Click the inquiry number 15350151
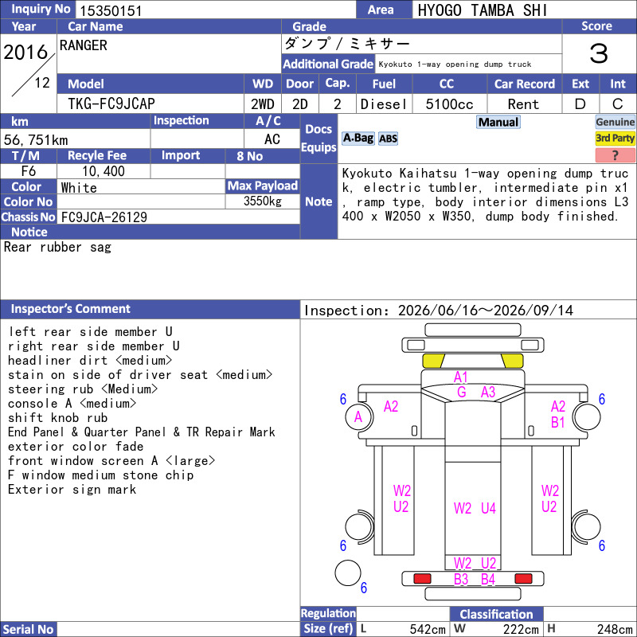[111, 10]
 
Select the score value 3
[599, 53]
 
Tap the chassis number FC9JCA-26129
[104, 217]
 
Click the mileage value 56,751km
[36, 140]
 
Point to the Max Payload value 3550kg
[263, 201]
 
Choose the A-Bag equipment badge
[358, 138]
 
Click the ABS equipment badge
[388, 139]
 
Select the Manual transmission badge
[498, 122]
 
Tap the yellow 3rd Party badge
[615, 138]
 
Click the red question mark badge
[615, 154]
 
